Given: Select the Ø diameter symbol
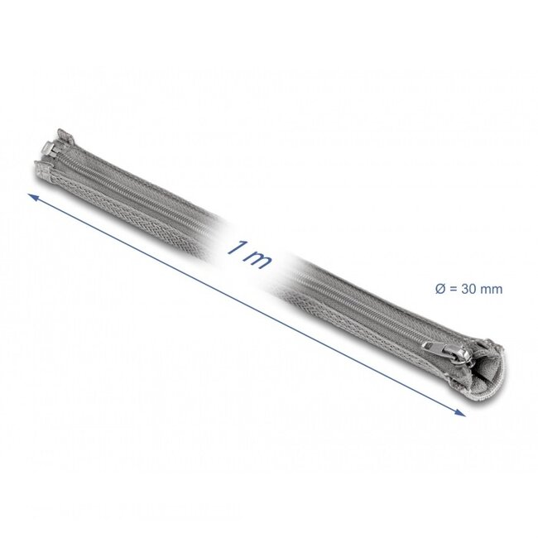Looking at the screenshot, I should pos(439,289).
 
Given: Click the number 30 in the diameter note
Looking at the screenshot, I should pos(470,289).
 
